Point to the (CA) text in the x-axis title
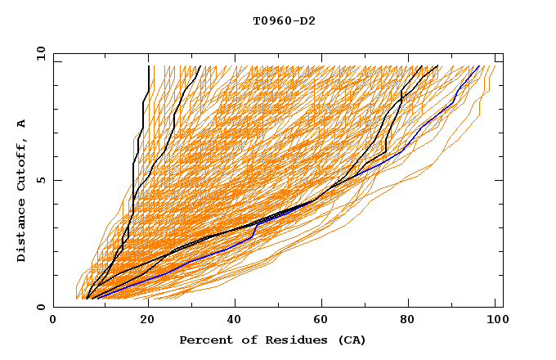[349, 340]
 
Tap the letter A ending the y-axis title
[21, 123]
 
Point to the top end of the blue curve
[480, 66]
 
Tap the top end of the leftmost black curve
[148, 66]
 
